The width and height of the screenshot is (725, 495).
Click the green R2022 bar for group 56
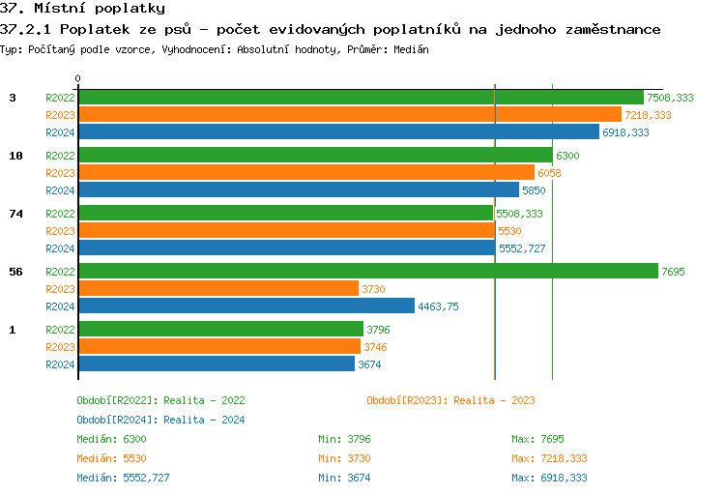click(367, 272)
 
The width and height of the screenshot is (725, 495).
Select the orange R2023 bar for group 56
click(217, 289)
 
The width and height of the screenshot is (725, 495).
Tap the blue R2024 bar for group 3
click(338, 132)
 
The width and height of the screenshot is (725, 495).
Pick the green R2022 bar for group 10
click(315, 156)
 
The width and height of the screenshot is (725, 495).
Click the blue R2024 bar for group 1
click(217, 364)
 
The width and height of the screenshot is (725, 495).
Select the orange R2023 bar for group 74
click(286, 231)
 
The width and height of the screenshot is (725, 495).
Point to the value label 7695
click(673, 272)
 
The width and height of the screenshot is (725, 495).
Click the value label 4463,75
click(438, 306)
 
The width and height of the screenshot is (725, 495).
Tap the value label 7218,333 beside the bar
click(648, 115)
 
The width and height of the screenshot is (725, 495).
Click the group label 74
click(15, 214)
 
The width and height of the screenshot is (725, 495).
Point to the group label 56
click(15, 272)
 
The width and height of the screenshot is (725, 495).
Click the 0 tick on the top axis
click(78, 78)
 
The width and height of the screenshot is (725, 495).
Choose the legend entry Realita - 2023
click(450, 400)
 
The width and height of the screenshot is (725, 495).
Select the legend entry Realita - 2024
click(160, 420)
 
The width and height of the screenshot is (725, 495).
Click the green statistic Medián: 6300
click(111, 439)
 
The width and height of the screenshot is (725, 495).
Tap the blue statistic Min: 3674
click(344, 478)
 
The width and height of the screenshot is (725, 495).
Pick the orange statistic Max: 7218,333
click(549, 458)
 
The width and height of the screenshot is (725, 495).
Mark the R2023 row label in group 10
click(60, 173)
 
